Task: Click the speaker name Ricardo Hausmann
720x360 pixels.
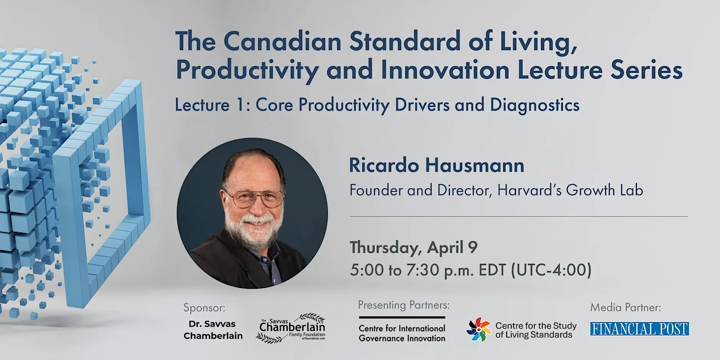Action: pos(437,165)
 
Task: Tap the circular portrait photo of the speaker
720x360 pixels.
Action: pos(252,213)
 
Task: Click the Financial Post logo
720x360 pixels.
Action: pos(639,329)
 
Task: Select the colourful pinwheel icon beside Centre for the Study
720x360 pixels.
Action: pos(478,329)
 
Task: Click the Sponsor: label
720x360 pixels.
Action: pos(204,308)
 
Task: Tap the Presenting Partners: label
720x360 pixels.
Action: pos(404,305)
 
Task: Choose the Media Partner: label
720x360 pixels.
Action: pos(625,307)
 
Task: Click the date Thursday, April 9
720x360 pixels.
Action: pos(414,248)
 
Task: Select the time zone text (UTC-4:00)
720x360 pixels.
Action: pos(551,270)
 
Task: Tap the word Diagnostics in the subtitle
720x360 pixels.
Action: pos(535,105)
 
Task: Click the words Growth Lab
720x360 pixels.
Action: pos(604,190)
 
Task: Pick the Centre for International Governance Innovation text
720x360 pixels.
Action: pos(402,333)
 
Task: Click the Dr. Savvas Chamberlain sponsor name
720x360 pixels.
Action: pos(213,330)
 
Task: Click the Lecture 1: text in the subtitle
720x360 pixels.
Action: pos(213,105)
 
